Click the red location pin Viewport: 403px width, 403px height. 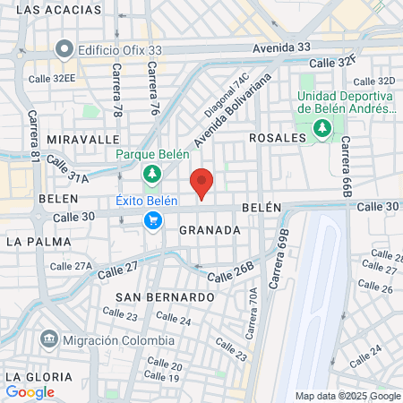point(202,183)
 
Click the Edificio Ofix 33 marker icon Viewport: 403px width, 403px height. point(64,48)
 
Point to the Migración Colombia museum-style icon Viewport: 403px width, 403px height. point(49,340)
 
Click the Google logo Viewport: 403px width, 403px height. point(30,391)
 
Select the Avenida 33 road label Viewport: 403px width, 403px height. point(281,47)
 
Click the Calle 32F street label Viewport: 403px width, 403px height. point(333,62)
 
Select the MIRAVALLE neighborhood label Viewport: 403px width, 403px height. point(82,140)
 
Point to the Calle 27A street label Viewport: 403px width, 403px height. point(71,266)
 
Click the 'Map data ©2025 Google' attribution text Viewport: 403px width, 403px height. point(348,396)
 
